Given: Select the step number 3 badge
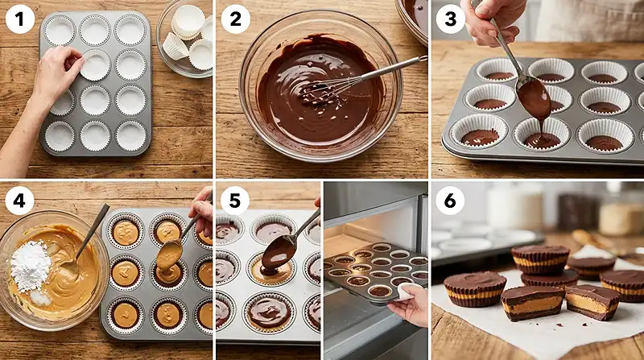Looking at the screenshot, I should [x=449, y=19].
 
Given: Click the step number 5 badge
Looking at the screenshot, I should [x=234, y=201].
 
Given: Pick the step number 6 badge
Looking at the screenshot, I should [x=449, y=201].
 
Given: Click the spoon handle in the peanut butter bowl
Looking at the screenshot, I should [x=93, y=230].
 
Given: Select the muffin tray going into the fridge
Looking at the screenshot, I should [x=374, y=270].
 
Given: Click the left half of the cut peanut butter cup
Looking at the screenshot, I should [x=531, y=304].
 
